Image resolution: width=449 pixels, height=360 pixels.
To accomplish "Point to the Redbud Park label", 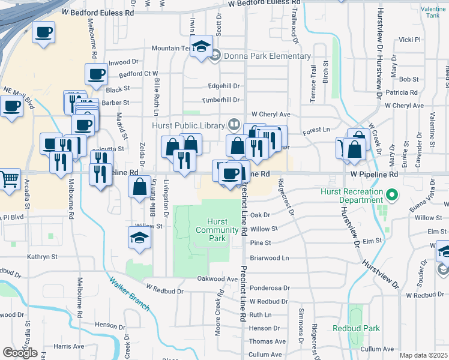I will [x=357, y=328].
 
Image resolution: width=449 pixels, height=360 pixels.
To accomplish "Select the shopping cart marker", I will [x=9, y=179].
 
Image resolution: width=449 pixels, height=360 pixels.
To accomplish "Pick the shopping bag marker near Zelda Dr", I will [x=139, y=187].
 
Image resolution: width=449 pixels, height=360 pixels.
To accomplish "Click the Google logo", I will [x=20, y=353].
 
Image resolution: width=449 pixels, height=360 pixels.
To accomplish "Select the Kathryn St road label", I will [x=42, y=256].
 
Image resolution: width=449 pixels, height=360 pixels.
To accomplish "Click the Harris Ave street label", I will [x=68, y=346].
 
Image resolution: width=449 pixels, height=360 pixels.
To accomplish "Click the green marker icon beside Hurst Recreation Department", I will [x=391, y=194].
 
